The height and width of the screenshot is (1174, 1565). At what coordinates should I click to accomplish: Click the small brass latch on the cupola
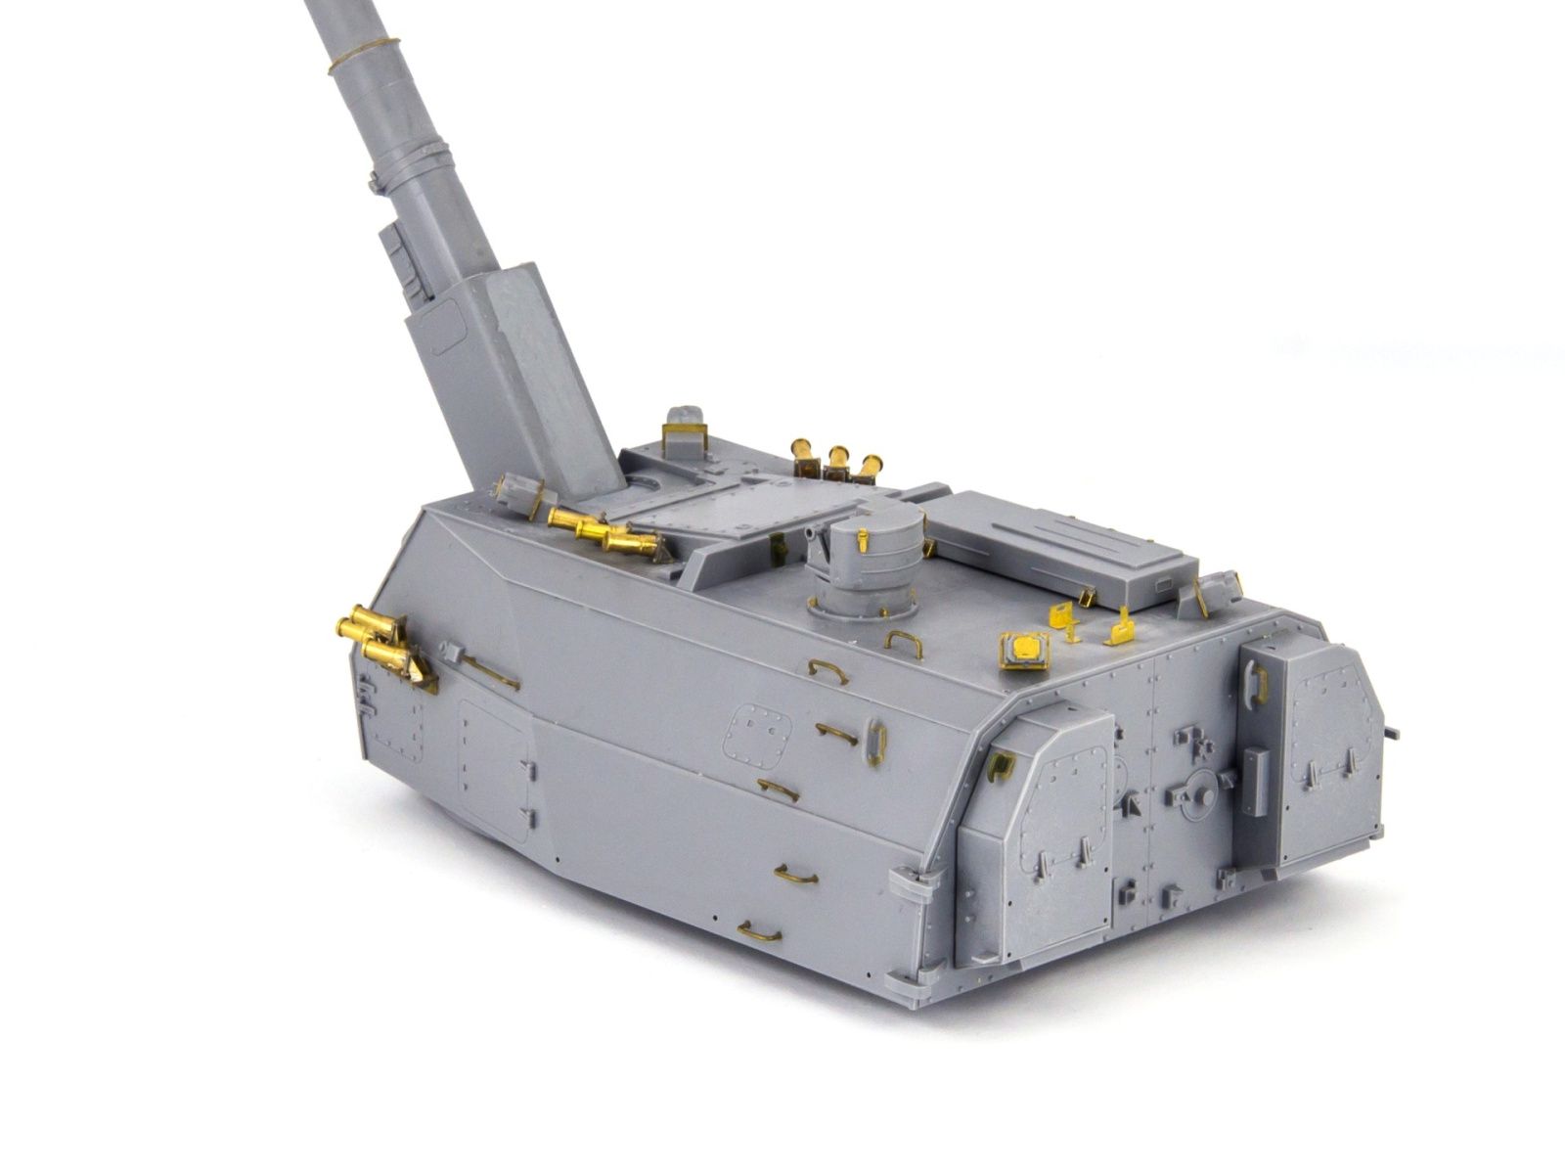[x=862, y=538]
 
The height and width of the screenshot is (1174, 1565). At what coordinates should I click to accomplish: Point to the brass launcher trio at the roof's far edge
[x=836, y=458]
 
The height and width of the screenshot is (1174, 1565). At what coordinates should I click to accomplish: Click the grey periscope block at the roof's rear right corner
[x=1217, y=586]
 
